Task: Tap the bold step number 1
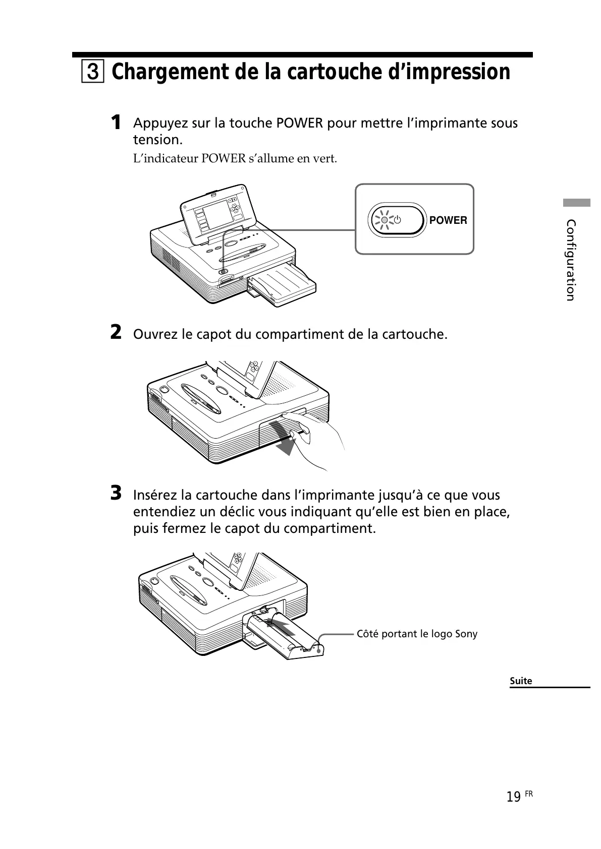[116, 123]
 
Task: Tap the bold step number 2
[116, 333]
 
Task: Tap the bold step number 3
[116, 493]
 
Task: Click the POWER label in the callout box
[448, 220]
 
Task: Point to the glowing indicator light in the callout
[385, 220]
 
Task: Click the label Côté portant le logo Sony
[417, 634]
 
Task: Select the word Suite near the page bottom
[521, 681]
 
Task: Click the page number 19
[513, 797]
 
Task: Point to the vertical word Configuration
[571, 260]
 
